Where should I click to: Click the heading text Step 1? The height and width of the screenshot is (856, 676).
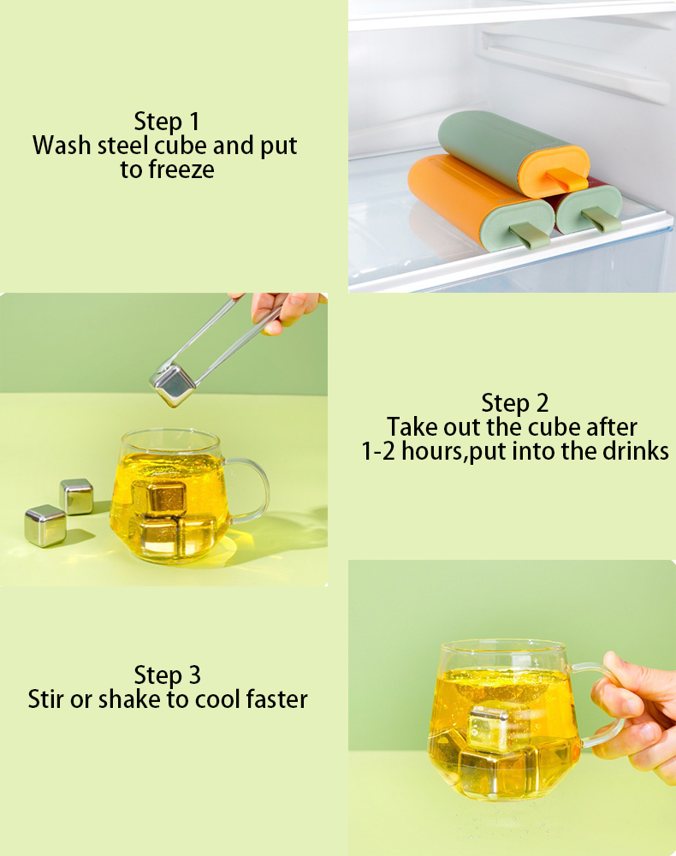[x=167, y=122]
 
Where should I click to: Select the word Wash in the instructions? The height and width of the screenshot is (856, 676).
[x=61, y=146]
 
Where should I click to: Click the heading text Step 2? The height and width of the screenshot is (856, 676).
[x=514, y=403]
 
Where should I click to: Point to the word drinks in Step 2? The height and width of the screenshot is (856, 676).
[x=636, y=451]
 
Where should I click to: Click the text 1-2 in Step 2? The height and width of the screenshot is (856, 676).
[x=378, y=451]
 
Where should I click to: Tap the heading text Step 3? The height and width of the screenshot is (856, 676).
[x=168, y=675]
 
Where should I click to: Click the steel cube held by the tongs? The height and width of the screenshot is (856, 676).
[x=173, y=385]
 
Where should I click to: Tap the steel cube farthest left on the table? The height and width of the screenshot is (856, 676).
[x=45, y=526]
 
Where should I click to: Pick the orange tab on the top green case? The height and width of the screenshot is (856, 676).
[x=566, y=178]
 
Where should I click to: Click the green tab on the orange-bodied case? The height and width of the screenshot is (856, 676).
[x=530, y=235]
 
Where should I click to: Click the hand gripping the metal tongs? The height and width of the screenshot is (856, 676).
[x=286, y=312]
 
